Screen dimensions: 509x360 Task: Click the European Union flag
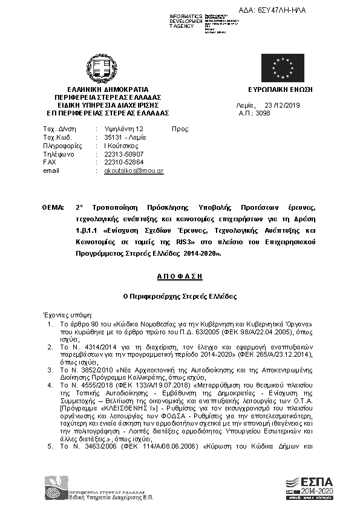[x=283, y=68]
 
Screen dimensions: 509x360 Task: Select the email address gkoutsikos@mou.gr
[x=134, y=171]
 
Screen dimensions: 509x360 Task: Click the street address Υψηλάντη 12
[x=124, y=129]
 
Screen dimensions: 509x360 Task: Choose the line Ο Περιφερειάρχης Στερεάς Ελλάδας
[x=180, y=297]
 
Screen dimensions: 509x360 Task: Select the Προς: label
[x=181, y=129]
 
